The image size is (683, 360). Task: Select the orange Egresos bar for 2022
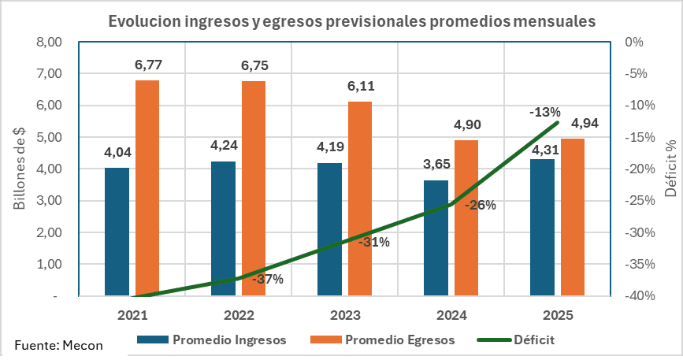[x=254, y=188]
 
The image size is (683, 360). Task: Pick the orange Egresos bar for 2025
[x=573, y=217]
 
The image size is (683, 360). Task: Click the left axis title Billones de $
[x=20, y=169]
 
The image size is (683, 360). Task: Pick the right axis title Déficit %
[x=670, y=169]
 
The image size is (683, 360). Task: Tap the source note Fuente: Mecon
[x=58, y=344]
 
